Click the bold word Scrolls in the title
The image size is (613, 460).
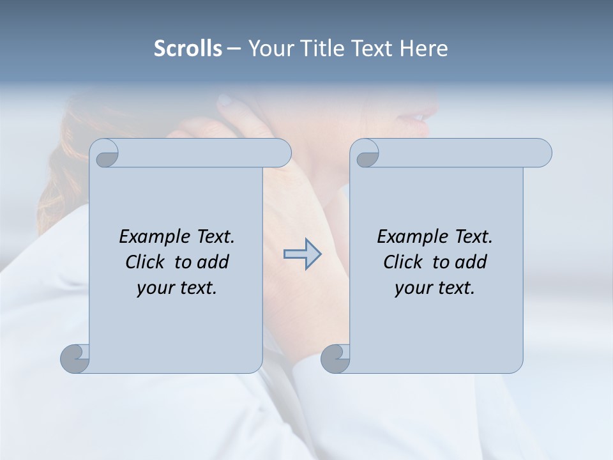(x=188, y=49)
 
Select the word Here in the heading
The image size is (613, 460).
(x=424, y=49)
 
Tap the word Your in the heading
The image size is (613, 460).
(x=269, y=49)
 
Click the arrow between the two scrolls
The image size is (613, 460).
(x=302, y=254)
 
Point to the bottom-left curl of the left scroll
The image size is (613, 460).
(x=75, y=358)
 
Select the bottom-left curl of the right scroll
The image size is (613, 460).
(x=335, y=358)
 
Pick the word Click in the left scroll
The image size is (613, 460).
(x=147, y=262)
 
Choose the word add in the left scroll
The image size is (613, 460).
(x=213, y=262)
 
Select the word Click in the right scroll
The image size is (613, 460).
(x=405, y=262)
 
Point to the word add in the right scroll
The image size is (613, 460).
(x=471, y=262)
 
